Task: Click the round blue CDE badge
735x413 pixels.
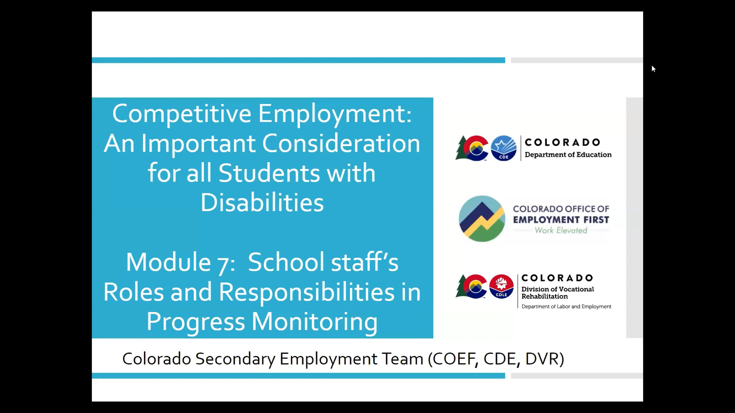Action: (503, 148)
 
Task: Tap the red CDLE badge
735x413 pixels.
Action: (501, 286)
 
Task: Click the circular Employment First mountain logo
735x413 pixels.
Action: (482, 219)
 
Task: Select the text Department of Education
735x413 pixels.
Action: (568, 155)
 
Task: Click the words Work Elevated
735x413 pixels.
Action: (561, 230)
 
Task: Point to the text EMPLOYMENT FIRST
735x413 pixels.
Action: (561, 220)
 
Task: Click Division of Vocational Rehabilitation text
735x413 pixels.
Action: (558, 293)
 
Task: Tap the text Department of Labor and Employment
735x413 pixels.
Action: (566, 307)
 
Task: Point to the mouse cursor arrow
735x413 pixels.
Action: (653, 69)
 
